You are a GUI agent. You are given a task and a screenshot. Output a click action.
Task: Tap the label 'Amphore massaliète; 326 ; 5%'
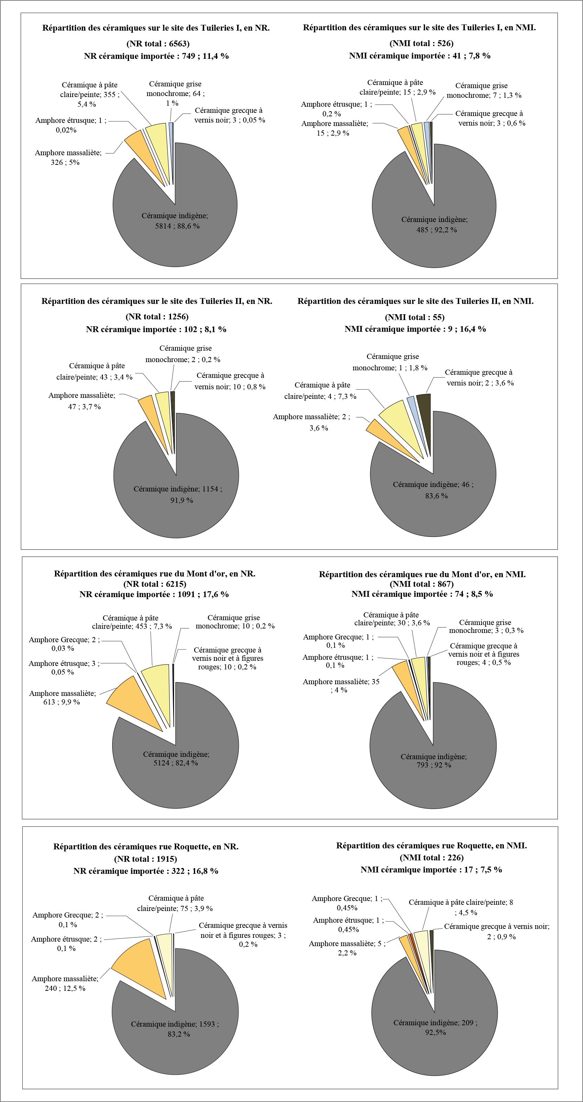pos(68,157)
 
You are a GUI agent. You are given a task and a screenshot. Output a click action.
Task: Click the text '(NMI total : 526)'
pos(421,43)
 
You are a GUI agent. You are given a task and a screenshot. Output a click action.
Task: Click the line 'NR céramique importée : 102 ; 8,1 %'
pos(156,329)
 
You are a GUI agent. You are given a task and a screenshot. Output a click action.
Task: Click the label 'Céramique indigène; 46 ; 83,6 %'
pos(433,490)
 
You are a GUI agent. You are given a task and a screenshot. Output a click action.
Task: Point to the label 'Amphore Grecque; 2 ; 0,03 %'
pos(64,644)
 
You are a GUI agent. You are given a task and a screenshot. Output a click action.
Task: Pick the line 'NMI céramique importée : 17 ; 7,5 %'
pos(431,870)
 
